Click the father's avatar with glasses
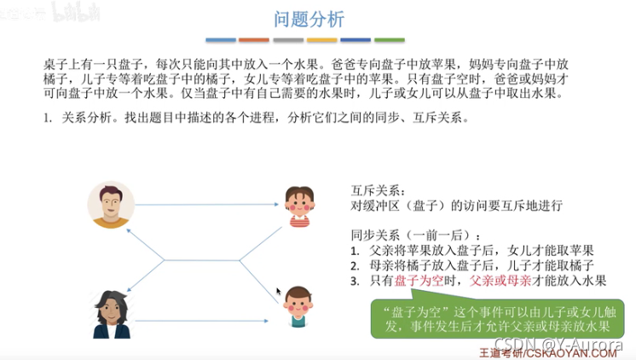click(x=112, y=205)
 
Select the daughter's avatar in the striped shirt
click(x=298, y=207)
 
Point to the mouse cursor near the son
click(x=278, y=292)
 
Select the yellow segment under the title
click(x=321, y=40)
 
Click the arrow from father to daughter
click(x=209, y=205)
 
